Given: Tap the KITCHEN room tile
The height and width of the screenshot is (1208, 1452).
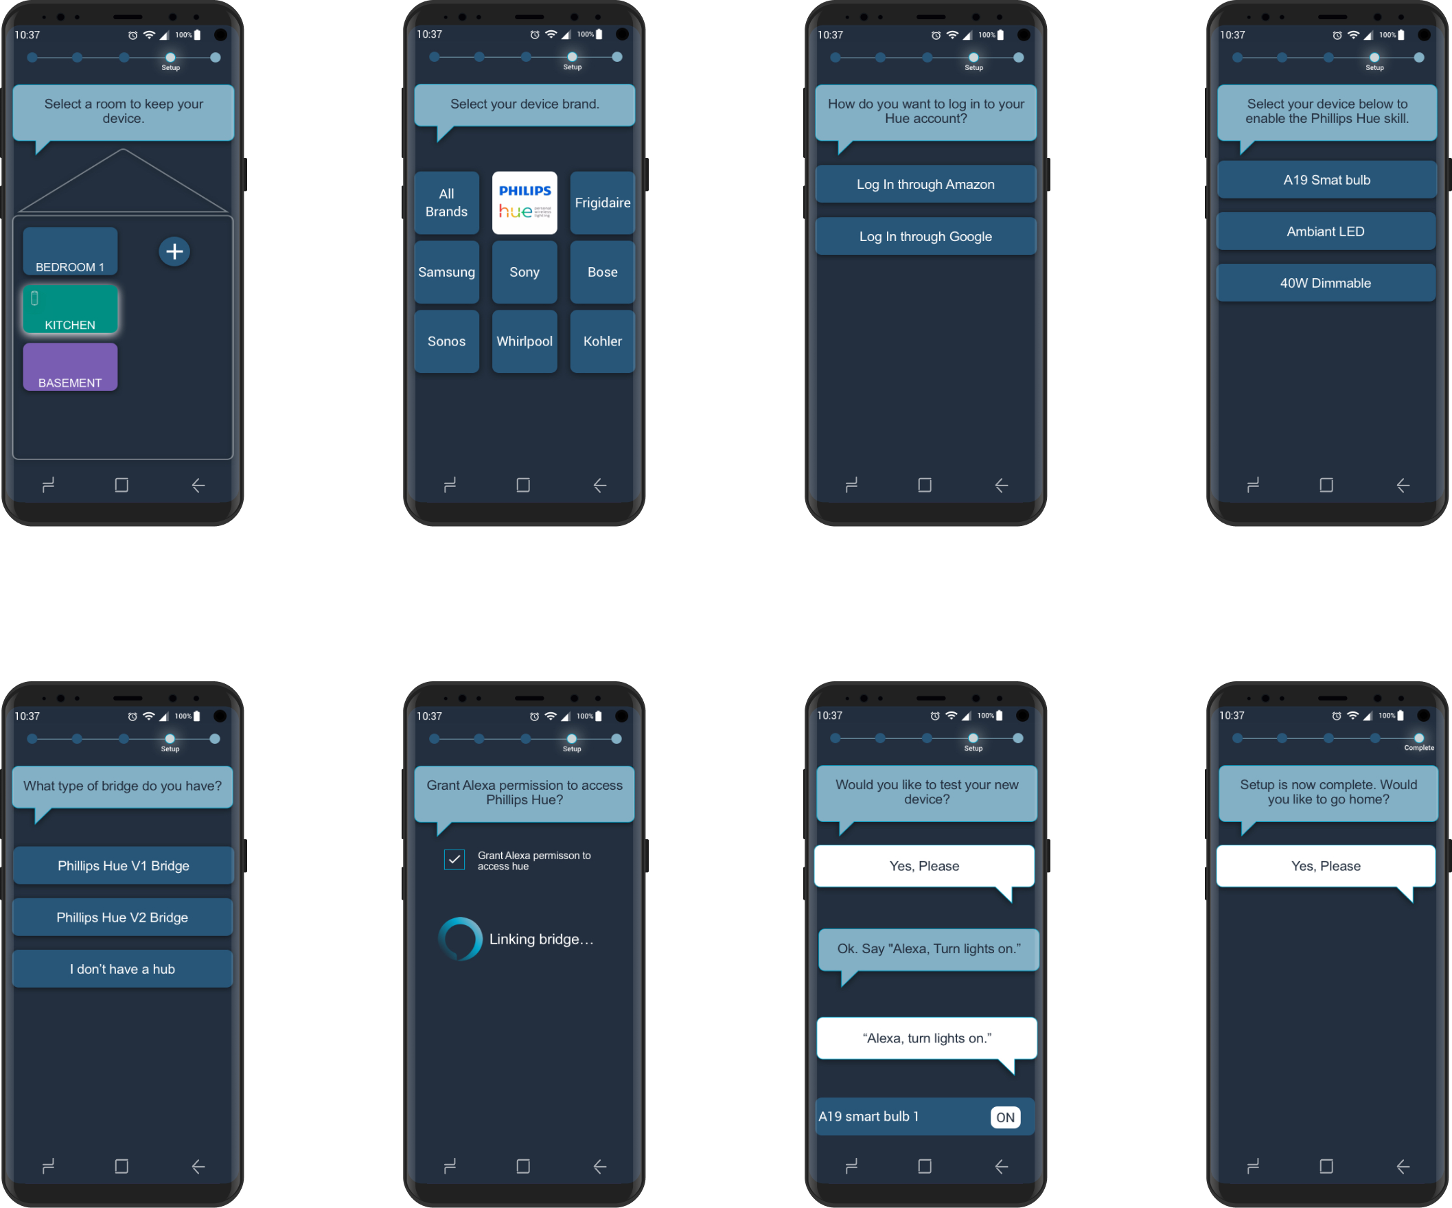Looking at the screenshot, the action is point(70,310).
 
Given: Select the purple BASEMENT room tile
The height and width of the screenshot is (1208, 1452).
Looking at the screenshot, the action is point(70,367).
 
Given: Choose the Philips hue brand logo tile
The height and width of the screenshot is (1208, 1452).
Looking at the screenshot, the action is point(524,203).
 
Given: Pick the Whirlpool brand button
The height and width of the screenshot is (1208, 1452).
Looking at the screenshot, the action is point(524,341).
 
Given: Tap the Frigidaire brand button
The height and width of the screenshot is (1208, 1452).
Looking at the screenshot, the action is point(602,203).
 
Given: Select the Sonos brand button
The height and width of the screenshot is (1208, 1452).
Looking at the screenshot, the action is point(446,341).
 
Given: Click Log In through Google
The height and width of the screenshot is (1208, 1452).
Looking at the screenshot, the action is point(925,236).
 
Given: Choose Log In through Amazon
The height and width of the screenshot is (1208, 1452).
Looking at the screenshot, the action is point(925,184).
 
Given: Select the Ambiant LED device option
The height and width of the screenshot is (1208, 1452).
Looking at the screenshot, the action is point(1326,231).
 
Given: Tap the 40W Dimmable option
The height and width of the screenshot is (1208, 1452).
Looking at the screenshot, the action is point(1326,283).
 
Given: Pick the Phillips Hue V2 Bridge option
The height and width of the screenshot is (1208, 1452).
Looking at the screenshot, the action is point(122,917).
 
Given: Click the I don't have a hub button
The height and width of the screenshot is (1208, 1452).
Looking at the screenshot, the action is point(122,969).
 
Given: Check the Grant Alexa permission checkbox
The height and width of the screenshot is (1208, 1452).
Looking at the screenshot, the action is point(454,860).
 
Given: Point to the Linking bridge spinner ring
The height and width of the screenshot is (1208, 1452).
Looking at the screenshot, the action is point(460,938).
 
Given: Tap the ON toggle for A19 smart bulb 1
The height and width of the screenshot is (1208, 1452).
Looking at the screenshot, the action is point(1004,1117).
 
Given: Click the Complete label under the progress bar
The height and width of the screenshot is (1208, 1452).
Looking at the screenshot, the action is point(1419,747).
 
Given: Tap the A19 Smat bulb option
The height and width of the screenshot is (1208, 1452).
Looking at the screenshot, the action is point(1326,180).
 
